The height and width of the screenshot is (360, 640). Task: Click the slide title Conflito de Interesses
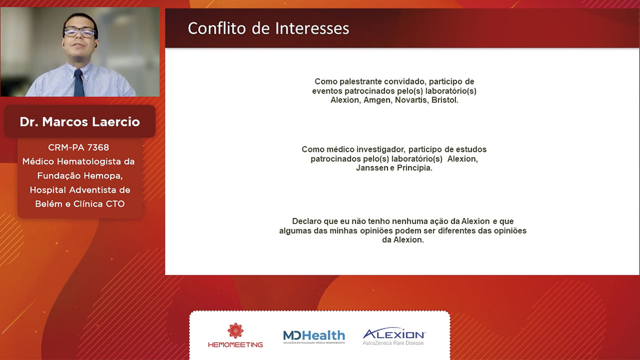(x=268, y=28)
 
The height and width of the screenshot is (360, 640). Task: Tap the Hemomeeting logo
(x=235, y=335)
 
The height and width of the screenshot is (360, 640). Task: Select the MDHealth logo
(x=314, y=336)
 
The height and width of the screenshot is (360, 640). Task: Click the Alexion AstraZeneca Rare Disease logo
(x=394, y=336)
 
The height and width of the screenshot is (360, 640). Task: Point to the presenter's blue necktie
(x=79, y=83)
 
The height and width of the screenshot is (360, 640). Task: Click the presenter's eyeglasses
(x=79, y=32)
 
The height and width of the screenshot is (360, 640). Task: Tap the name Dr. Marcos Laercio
(x=79, y=121)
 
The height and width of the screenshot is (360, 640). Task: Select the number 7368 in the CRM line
(x=98, y=147)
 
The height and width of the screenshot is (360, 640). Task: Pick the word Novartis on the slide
(x=411, y=100)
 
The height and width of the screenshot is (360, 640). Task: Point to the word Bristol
(x=445, y=100)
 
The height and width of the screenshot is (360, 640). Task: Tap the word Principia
(x=414, y=168)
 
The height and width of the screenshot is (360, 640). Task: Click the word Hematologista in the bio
(x=89, y=161)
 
